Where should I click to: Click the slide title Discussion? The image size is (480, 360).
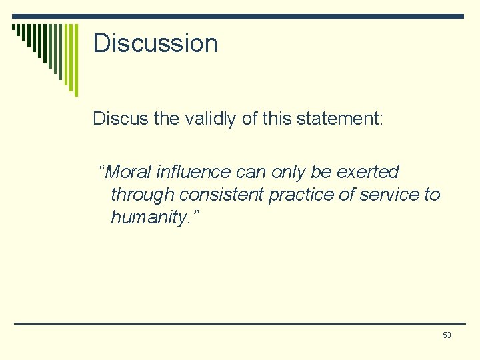tap(155, 43)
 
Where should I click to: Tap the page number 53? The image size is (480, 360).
tap(447, 335)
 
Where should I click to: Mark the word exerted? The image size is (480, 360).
tap(368, 172)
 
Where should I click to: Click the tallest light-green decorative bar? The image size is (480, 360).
tap(75, 60)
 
